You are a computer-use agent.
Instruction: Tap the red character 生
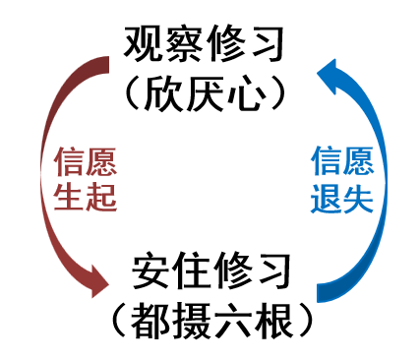(x=68, y=198)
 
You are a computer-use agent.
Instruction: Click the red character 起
(x=101, y=198)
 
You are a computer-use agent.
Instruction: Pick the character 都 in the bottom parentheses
(x=144, y=320)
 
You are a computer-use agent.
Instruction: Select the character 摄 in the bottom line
(x=187, y=320)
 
